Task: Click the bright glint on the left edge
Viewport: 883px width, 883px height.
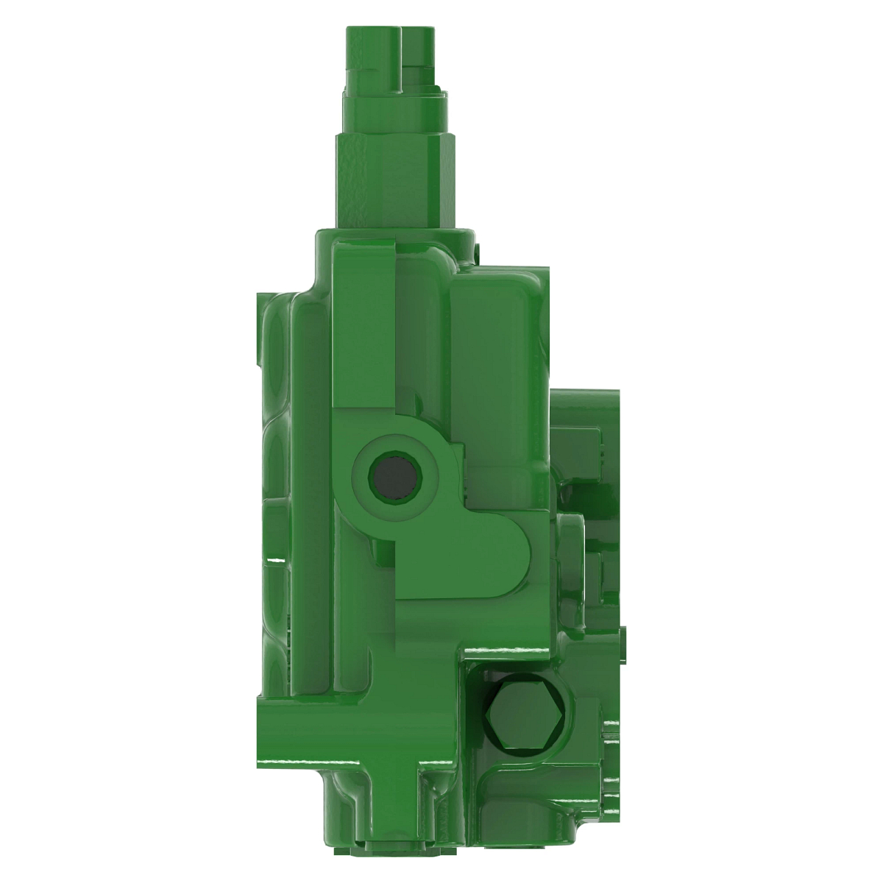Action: (x=274, y=561)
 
